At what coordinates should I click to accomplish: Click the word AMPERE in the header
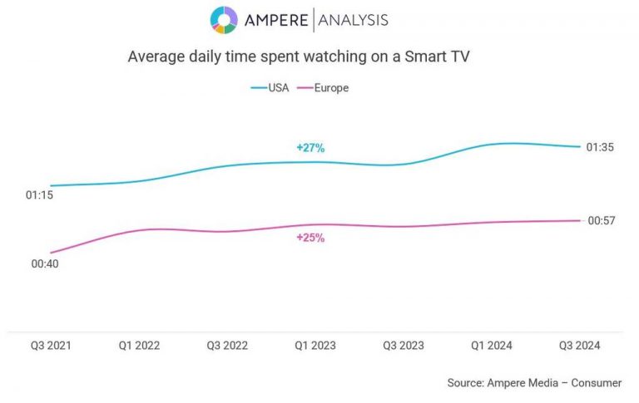[x=276, y=21]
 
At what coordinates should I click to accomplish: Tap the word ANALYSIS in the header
[x=353, y=21]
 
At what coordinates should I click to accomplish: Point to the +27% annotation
[x=310, y=148]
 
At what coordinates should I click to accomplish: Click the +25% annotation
[x=310, y=238]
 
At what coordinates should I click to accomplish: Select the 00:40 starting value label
[x=45, y=264]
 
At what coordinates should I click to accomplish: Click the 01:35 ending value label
[x=601, y=147]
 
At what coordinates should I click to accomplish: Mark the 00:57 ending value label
[x=601, y=220]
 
